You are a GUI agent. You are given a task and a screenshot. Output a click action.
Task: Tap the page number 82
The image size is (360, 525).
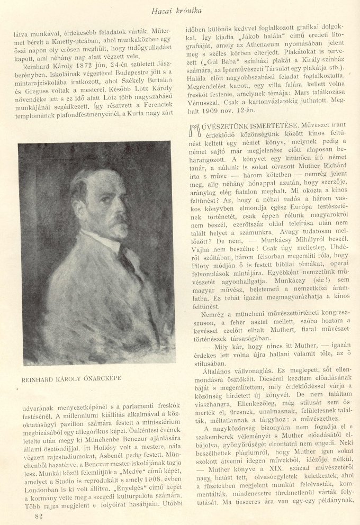click(37, 515)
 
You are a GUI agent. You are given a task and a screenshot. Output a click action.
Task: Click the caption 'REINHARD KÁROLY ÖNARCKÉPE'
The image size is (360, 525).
click(71, 379)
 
